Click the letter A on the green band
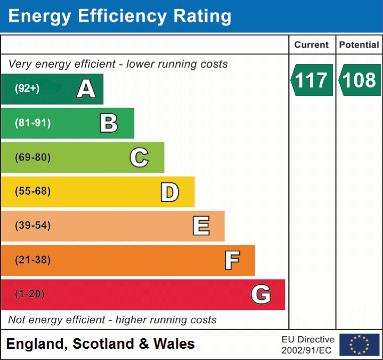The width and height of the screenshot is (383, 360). [x=86, y=89]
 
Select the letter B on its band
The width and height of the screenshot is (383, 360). [x=109, y=123]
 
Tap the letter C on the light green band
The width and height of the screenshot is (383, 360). [x=139, y=157]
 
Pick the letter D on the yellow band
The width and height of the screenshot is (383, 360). [x=169, y=191]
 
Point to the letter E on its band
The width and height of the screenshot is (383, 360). [x=201, y=226]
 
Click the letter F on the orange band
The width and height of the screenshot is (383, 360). [x=232, y=260]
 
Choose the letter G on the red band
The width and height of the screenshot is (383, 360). [x=261, y=294]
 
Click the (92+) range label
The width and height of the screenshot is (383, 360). [x=27, y=89]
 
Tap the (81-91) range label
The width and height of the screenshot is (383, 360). [x=32, y=123]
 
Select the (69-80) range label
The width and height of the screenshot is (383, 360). [x=32, y=157]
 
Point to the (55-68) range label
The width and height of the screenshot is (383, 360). [x=32, y=191]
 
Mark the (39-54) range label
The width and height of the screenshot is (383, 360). [x=32, y=226]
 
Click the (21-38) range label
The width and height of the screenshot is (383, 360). [x=32, y=260]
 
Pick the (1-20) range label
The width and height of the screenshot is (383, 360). [x=30, y=294]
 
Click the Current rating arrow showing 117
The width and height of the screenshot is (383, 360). [x=312, y=80]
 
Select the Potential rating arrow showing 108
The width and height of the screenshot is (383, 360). [x=358, y=80]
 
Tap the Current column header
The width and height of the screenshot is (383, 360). [x=312, y=45]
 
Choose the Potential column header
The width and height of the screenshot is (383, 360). [x=359, y=45]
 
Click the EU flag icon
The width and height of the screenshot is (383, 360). [x=359, y=345]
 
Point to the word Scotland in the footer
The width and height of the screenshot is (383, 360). [x=103, y=344]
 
